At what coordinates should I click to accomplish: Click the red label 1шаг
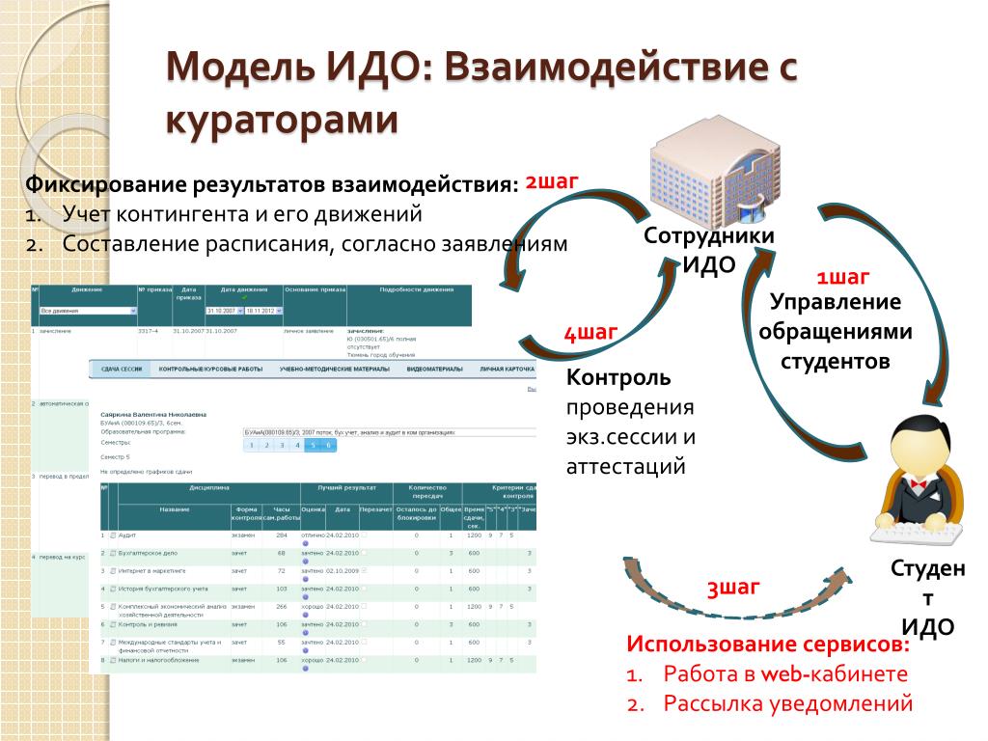842,279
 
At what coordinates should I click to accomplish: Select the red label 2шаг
552,180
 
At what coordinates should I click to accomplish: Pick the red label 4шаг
590,334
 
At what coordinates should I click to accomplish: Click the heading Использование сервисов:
768,644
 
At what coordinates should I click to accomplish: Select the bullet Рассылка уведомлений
787,703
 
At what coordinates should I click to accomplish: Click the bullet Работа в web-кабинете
785,673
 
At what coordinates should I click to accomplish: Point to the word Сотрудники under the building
709,235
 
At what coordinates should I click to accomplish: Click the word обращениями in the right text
835,332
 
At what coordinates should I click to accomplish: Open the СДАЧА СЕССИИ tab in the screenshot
122,370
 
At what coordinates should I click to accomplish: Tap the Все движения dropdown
88,311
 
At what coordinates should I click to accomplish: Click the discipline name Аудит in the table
129,535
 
